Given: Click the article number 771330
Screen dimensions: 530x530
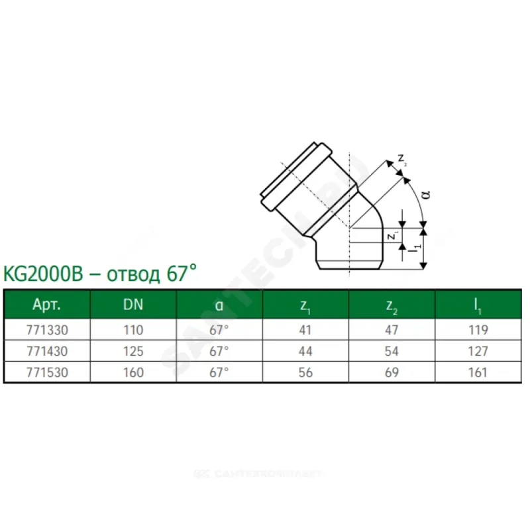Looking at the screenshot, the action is coord(47,330).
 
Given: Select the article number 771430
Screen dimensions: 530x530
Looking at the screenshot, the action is coord(47,352).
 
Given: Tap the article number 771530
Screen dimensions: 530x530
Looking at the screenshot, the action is coord(47,373).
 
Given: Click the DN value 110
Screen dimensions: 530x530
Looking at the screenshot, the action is coord(134,330).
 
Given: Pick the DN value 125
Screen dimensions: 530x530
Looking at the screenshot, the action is coord(134,352).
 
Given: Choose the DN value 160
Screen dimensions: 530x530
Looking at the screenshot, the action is coord(134,373).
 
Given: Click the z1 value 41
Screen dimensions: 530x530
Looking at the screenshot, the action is coord(305,330).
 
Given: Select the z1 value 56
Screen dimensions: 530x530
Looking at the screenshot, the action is coord(305,373).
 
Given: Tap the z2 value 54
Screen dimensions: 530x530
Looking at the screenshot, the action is coord(392,352).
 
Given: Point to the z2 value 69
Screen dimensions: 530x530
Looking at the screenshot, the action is coord(392,373).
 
